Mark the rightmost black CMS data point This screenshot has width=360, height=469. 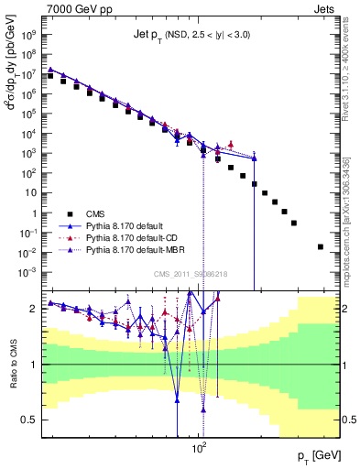point(320,246)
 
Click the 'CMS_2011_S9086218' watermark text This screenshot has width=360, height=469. point(191,274)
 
